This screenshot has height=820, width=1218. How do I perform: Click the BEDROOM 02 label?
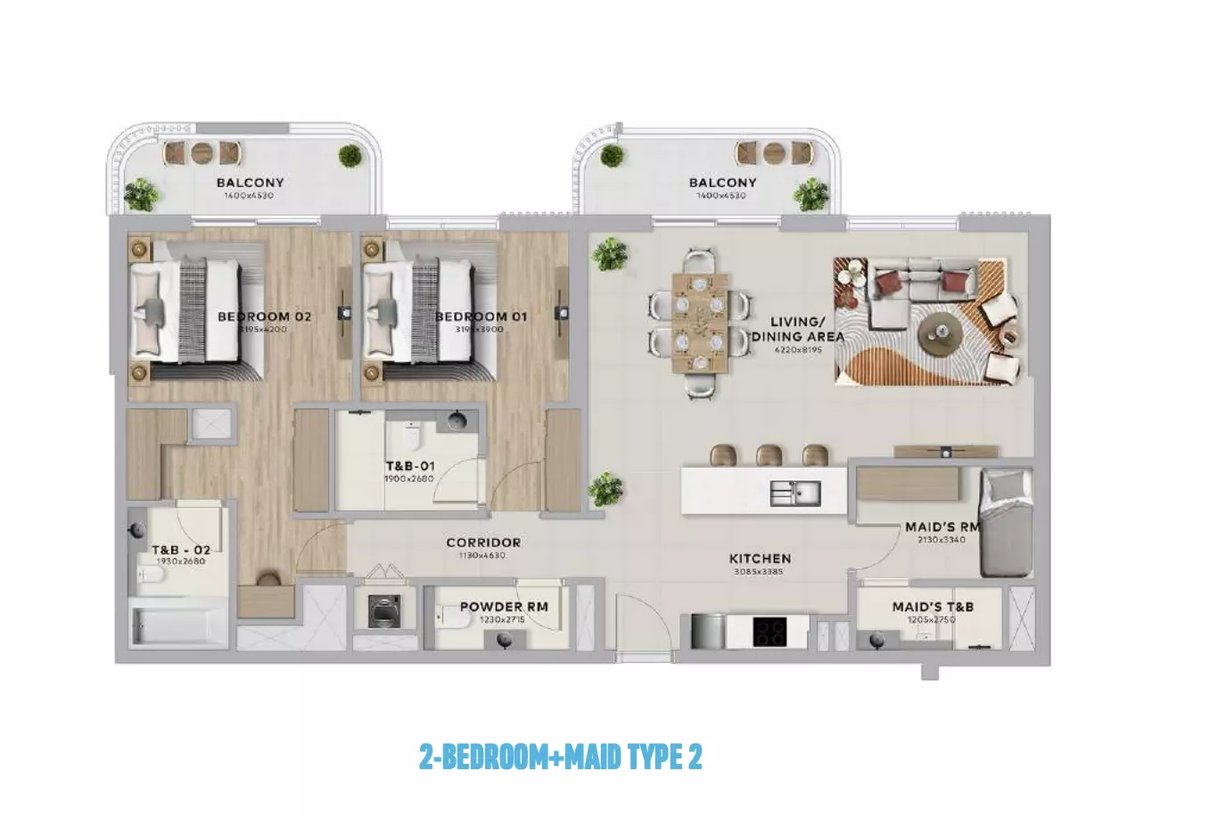pyautogui.click(x=265, y=316)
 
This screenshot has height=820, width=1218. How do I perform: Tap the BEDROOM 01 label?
pyautogui.click(x=481, y=316)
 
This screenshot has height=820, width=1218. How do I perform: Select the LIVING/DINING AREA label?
pyautogui.click(x=797, y=329)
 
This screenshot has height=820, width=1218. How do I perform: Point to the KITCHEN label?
pyautogui.click(x=760, y=559)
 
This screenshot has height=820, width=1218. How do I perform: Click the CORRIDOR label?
pyautogui.click(x=483, y=542)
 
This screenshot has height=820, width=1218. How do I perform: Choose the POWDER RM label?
pyautogui.click(x=504, y=606)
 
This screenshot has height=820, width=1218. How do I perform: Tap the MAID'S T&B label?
pyautogui.click(x=933, y=606)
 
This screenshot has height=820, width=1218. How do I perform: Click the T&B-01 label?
pyautogui.click(x=410, y=466)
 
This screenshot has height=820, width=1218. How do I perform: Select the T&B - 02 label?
pyautogui.click(x=181, y=550)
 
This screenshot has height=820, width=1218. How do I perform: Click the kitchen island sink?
pyautogui.click(x=795, y=492)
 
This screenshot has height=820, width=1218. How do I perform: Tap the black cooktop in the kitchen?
pyautogui.click(x=769, y=631)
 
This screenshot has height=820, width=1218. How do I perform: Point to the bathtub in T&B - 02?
pyautogui.click(x=179, y=626)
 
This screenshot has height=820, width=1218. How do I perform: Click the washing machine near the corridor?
pyautogui.click(x=385, y=611)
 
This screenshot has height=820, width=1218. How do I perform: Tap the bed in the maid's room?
pyautogui.click(x=1006, y=524)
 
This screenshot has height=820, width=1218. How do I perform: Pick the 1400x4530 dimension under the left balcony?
pyautogui.click(x=250, y=195)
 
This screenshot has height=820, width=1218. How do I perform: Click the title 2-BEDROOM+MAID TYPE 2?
pyautogui.click(x=560, y=758)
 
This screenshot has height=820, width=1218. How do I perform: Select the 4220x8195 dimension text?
pyautogui.click(x=798, y=350)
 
